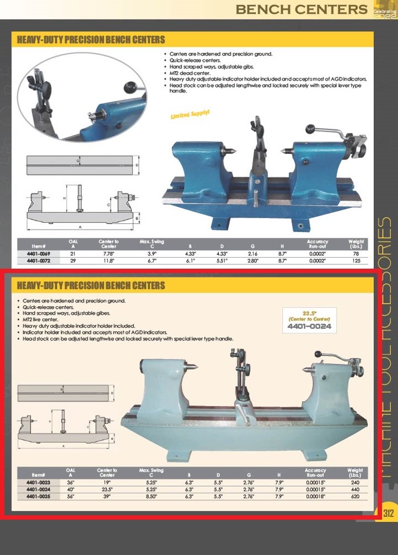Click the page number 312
pos(389,513)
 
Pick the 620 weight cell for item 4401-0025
pos(355,496)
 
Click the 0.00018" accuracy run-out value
pos(315,496)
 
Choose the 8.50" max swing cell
pos(150,496)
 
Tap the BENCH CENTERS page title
pos(301,9)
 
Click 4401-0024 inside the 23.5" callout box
pos(309,327)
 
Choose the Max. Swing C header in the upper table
pos(152,243)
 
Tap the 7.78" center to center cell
pos(108,253)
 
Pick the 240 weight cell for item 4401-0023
pos(355,482)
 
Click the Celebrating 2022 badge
pos(385,11)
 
